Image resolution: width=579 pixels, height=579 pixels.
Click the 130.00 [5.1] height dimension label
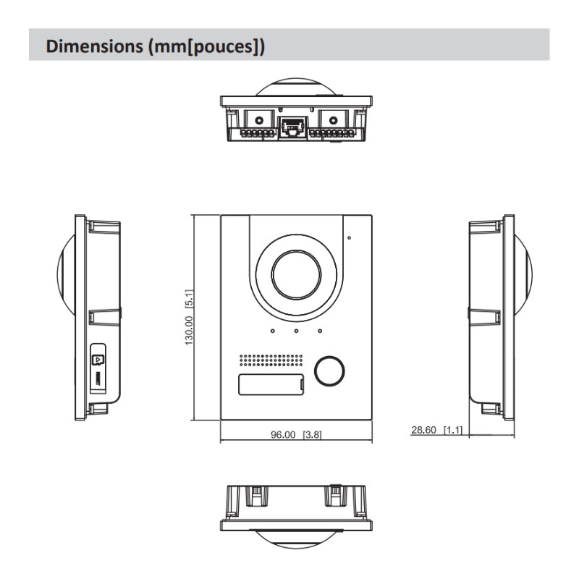pyautogui.click(x=189, y=317)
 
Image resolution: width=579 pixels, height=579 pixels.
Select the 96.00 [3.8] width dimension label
pyautogui.click(x=296, y=435)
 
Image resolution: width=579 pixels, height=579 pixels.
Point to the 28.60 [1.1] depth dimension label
pyautogui.click(x=437, y=430)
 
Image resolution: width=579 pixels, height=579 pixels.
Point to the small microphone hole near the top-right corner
pyautogui.click(x=348, y=237)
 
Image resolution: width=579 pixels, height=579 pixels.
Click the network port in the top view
pyautogui.click(x=293, y=127)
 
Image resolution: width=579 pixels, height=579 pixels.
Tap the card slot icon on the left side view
pyautogui.click(x=98, y=358)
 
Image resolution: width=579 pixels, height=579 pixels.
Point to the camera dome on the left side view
pyautogui.click(x=66, y=275)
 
